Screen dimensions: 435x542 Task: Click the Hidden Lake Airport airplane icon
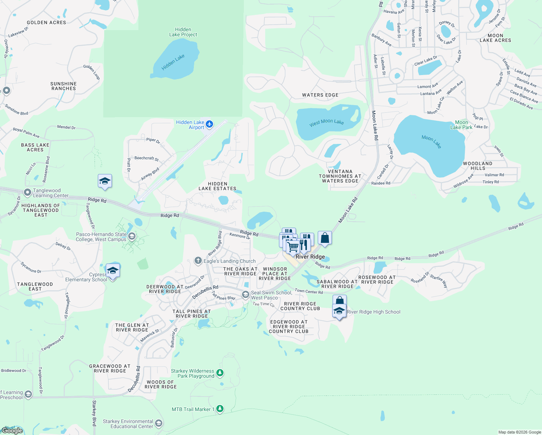[209, 124]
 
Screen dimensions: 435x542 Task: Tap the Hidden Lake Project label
[183, 32]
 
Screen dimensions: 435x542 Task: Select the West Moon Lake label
[326, 122]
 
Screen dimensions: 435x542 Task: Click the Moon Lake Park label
[461, 125]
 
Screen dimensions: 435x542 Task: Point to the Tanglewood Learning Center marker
[28, 192]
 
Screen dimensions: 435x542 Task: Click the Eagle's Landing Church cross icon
[198, 260]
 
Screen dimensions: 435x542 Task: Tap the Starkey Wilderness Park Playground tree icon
[220, 373]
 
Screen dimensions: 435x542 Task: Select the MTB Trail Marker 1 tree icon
[220, 409]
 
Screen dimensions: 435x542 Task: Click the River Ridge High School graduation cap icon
[339, 311]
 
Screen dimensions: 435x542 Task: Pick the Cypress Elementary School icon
[113, 270]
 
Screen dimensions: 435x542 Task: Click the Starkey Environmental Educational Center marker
[158, 423]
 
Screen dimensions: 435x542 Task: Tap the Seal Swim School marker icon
[246, 294]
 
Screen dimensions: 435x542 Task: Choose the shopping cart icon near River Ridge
[293, 247]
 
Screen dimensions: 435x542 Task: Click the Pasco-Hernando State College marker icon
[132, 236]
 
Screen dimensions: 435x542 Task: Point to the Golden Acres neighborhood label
[46, 22]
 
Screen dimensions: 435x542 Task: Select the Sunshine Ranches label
[63, 86]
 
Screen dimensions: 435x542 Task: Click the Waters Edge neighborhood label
[320, 95]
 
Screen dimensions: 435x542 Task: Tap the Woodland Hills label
[478, 166]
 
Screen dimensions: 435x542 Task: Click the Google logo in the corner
[12, 431]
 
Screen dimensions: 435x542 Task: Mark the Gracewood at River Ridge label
[110, 368]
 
